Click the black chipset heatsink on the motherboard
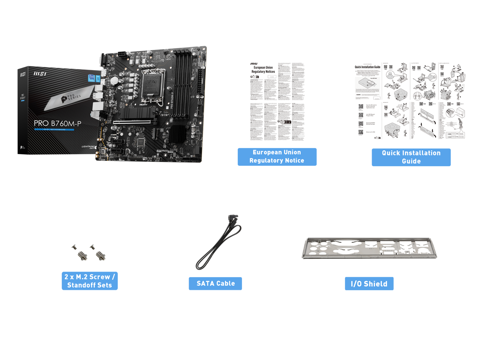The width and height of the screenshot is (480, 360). tap(178, 133)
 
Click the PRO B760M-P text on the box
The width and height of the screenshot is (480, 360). tap(57, 123)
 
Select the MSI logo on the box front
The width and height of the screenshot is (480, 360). tap(40, 73)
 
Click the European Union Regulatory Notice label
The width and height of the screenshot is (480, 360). tap(277, 156)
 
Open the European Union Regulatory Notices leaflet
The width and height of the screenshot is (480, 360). tap(277, 102)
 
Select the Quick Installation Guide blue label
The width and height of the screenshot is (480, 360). tap(411, 157)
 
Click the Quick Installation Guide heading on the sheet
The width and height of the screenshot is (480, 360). tap(367, 67)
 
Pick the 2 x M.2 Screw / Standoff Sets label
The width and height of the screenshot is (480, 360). tap(90, 281)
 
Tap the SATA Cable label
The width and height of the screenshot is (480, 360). tap(215, 283)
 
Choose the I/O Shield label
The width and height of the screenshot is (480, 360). tap(369, 284)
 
